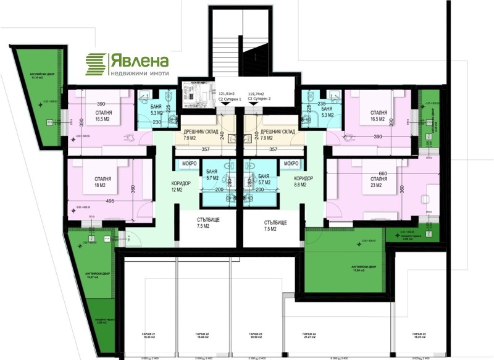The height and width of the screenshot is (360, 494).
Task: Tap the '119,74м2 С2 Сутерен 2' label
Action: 258,98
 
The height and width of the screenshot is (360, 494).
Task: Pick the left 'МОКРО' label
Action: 188,164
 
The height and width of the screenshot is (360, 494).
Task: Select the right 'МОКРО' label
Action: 288,164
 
